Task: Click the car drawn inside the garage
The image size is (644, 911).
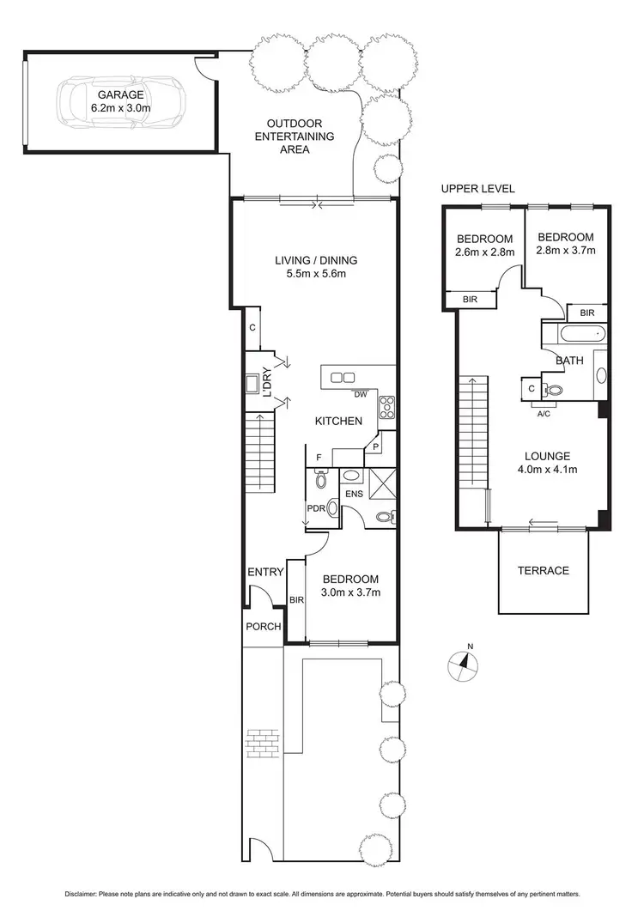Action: point(120,103)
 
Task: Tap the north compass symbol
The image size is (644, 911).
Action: point(463,663)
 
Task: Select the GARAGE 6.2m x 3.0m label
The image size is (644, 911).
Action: point(120,102)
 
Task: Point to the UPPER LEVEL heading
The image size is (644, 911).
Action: point(478,189)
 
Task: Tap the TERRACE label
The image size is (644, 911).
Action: point(543,571)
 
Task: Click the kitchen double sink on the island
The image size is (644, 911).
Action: point(343,376)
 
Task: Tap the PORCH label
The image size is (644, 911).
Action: point(264,627)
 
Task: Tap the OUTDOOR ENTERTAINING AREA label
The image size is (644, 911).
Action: point(300,136)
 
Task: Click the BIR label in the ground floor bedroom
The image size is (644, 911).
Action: point(296,600)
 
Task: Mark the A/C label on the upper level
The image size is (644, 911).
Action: point(544,413)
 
